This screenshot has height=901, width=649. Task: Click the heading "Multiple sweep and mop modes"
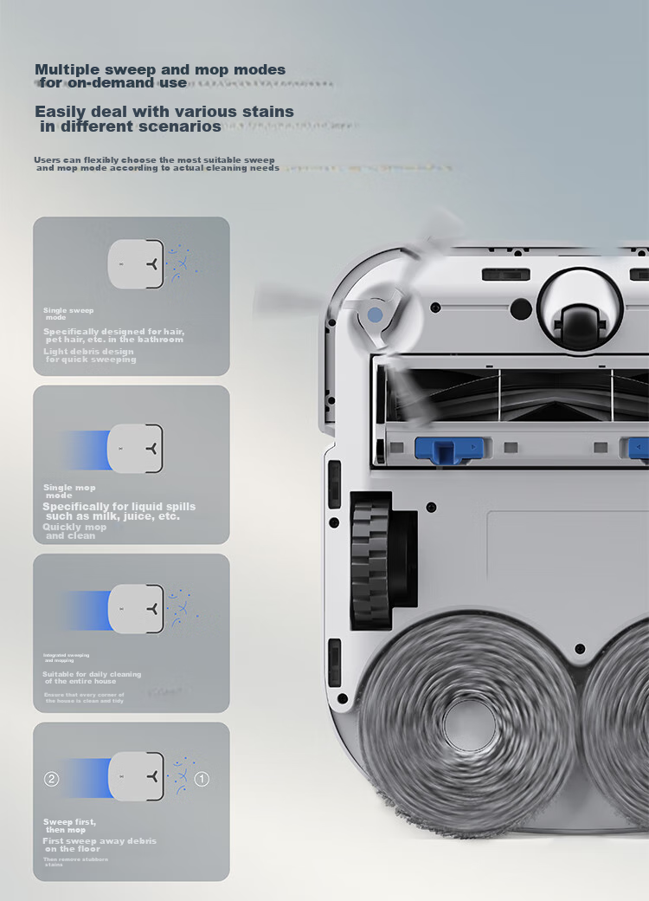pos(160,69)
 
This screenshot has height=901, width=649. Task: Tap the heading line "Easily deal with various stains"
pos(164,112)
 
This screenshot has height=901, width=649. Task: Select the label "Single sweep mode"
pos(68,314)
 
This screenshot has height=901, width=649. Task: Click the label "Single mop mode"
pos(69,491)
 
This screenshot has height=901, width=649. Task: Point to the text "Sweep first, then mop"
pos(70,826)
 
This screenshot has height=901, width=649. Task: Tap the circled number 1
pos(202,779)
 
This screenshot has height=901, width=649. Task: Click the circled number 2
pos(51,779)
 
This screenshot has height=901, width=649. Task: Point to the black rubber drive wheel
pos(372,561)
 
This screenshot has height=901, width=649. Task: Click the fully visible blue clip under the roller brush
pos(447,449)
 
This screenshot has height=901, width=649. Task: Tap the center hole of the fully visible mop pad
pos(468,723)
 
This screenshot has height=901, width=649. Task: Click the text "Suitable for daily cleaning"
pos(92,674)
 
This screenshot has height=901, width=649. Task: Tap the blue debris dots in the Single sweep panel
pos(181,261)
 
